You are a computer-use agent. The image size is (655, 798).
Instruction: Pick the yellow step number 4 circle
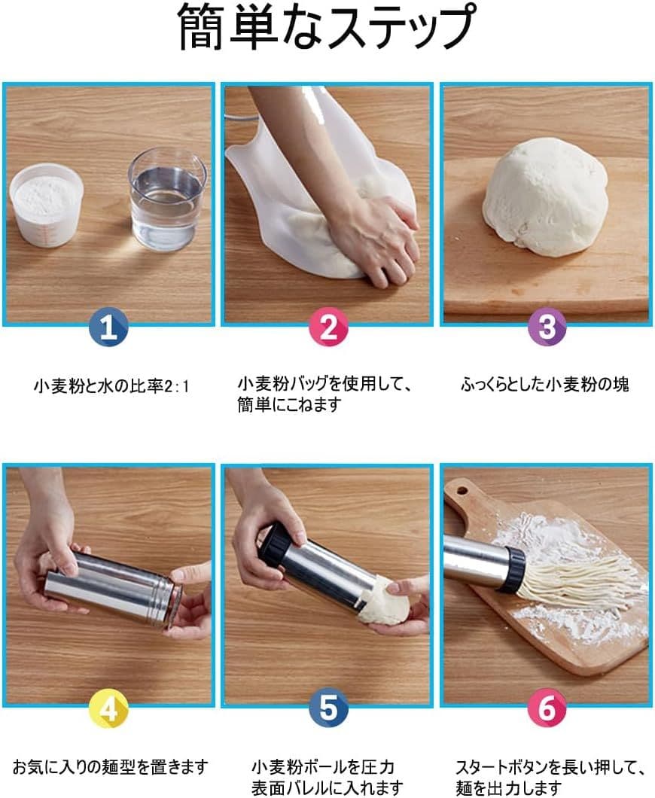109,709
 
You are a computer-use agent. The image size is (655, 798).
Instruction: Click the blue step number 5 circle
328,709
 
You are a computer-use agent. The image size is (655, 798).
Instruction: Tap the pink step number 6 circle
547,709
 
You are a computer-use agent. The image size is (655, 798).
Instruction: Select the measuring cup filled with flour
47,206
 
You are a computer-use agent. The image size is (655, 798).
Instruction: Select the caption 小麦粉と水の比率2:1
111,386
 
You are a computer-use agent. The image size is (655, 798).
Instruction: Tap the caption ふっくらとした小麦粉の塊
544,385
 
